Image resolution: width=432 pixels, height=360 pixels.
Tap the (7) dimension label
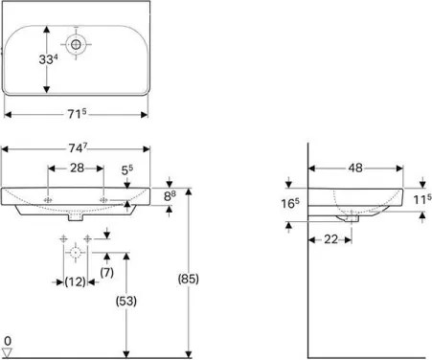pos(107,273)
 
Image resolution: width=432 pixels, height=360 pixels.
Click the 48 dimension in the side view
pos(355,168)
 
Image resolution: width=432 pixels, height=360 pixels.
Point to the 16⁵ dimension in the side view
pos(291,204)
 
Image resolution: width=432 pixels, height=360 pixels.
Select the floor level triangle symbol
pos(8,350)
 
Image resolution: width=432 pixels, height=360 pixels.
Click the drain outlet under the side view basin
pos(355,218)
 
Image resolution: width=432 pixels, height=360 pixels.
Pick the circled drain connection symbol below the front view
pos(76,253)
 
